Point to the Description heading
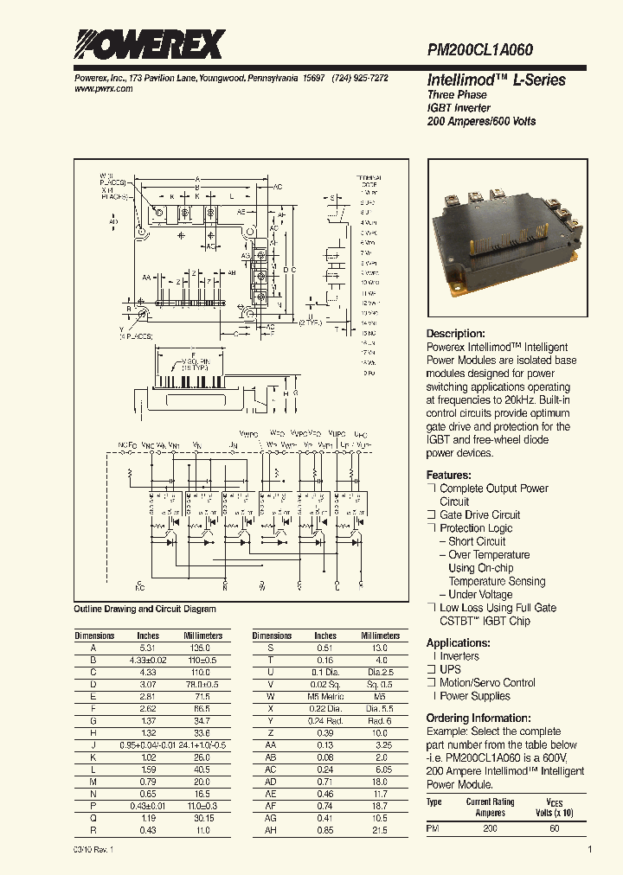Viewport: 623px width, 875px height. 455,334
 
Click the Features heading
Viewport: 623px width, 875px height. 448,476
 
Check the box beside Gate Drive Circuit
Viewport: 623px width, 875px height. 431,515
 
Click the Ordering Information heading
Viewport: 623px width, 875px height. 478,719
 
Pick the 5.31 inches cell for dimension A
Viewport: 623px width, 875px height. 148,648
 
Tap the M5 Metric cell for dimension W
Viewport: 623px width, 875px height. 325,696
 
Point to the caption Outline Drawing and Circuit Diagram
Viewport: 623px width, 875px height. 145,610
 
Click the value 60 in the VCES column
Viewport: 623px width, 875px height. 554,828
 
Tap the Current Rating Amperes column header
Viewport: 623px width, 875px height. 491,807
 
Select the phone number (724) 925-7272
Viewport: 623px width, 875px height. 360,78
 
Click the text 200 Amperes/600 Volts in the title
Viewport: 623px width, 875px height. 480,122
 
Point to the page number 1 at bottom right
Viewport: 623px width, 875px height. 589,850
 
